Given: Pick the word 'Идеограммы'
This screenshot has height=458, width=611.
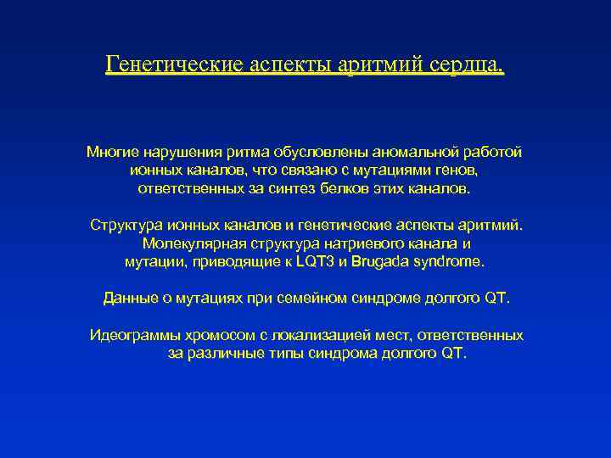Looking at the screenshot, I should (132, 335).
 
